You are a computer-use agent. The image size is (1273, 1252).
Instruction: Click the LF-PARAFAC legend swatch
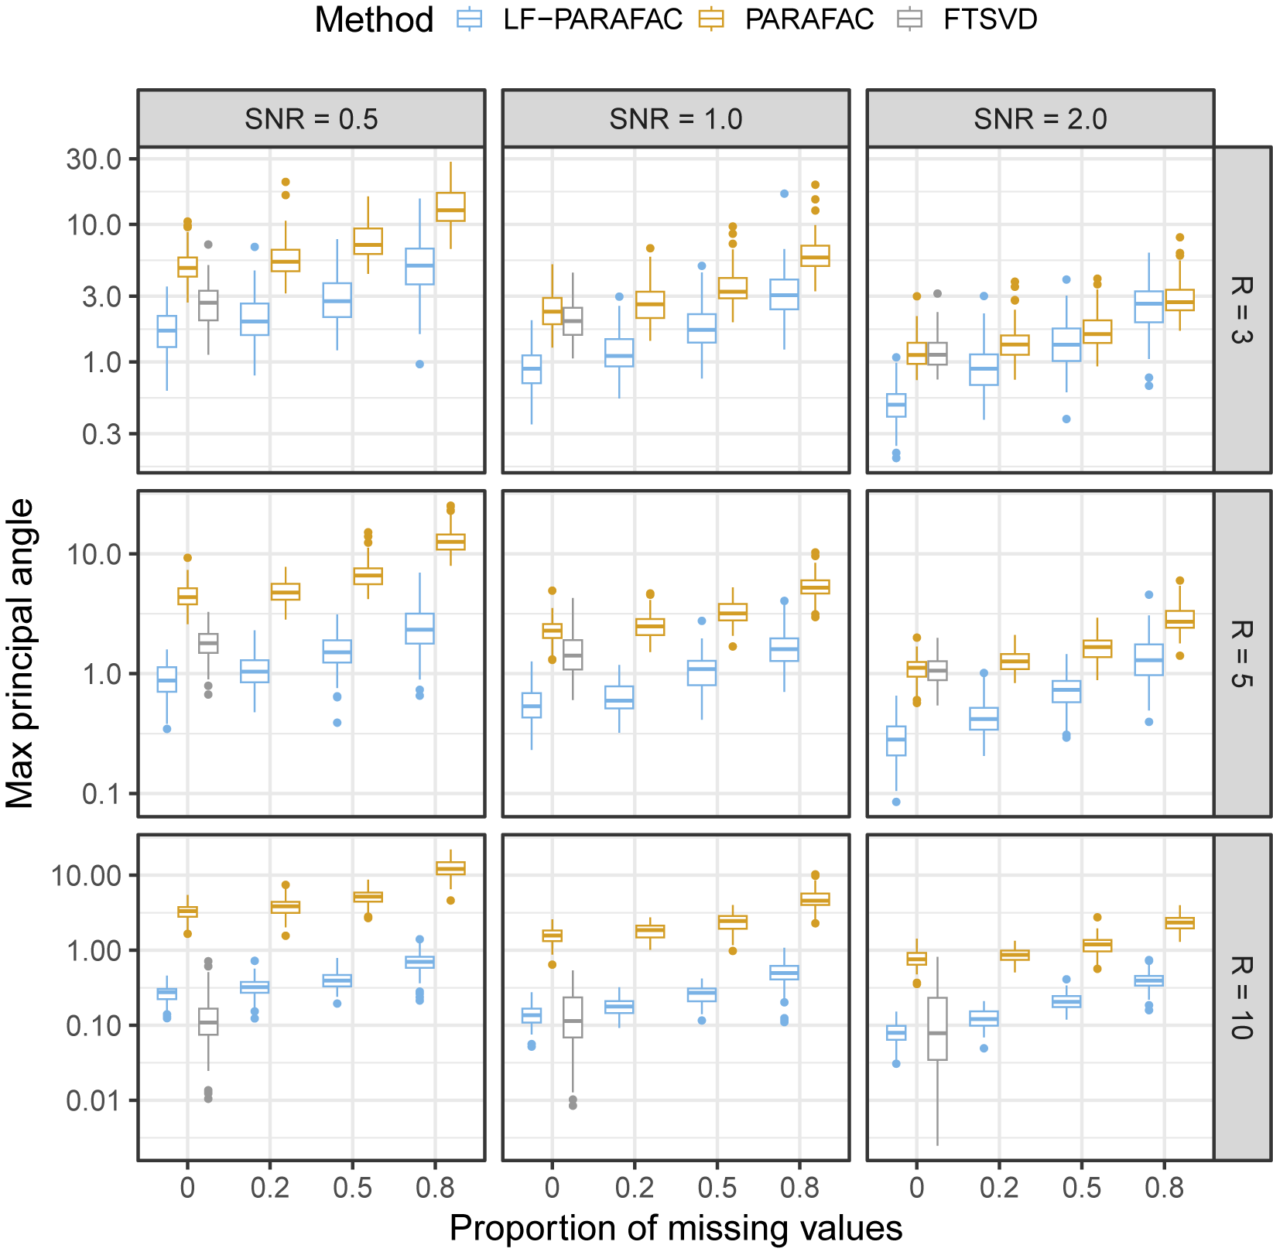coord(470,19)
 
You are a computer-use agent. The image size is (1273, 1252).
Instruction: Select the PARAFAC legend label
coord(809,19)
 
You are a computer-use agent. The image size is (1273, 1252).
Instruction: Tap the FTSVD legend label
coord(990,19)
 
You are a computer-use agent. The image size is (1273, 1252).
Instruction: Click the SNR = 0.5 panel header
coord(311,118)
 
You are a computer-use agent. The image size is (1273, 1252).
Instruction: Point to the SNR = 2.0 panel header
coord(1040,118)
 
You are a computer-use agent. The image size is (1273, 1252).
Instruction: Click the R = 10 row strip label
coord(1242,997)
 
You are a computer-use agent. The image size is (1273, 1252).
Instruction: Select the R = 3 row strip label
coord(1242,310)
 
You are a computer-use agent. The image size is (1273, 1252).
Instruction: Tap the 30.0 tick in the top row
coord(94,159)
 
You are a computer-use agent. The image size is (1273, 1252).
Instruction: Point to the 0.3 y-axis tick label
coord(104,434)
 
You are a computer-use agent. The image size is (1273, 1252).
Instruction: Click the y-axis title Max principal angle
coord(20,653)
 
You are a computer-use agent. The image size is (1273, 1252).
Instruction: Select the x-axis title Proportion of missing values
coord(676,1228)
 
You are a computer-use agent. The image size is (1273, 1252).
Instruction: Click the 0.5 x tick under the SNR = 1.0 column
coord(717,1188)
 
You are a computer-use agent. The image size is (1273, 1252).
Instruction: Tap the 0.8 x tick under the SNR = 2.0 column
coord(1165,1188)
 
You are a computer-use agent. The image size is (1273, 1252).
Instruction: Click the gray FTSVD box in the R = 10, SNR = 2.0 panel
coord(937,1029)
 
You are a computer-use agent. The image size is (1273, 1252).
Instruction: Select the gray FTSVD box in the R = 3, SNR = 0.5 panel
coord(208,306)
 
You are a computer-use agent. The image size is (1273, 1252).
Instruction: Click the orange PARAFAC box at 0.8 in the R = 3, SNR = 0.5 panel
coord(450,207)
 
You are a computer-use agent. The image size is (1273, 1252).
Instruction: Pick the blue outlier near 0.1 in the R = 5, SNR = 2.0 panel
coord(896,802)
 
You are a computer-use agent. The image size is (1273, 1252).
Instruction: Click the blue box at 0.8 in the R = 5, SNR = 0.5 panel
coord(419,628)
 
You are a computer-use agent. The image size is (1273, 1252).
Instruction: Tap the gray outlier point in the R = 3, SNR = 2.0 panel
coord(937,293)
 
